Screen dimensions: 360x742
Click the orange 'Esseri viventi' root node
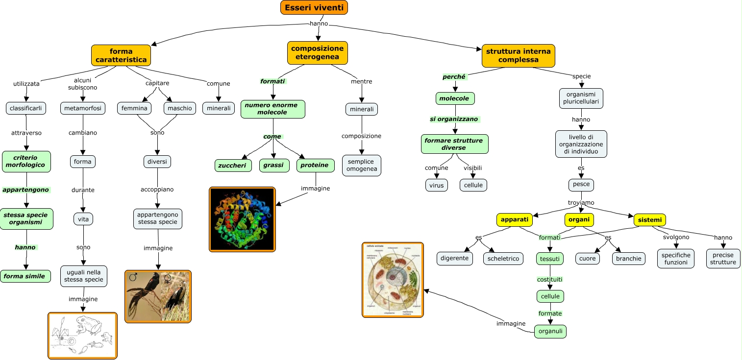(314, 7)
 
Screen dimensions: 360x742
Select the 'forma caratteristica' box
(121, 55)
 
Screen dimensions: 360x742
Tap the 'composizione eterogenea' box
(317, 53)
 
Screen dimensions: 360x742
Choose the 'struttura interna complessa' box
(518, 55)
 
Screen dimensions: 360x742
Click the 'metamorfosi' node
(83, 108)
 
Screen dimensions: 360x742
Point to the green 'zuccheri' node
(233, 166)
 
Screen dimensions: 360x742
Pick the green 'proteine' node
(315, 166)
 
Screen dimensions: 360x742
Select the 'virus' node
(436, 185)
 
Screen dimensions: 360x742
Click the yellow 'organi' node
(580, 220)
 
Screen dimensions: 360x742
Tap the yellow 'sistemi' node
(650, 220)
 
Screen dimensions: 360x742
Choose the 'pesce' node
(581, 185)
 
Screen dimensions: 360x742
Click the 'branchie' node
(629, 259)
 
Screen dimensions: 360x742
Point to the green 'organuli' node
(550, 332)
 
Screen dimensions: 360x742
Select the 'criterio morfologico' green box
(26, 162)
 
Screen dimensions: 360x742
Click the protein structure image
(242, 219)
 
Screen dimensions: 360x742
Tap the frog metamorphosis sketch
(82, 336)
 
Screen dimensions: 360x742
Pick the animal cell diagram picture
(393, 280)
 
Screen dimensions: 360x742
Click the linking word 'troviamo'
(581, 203)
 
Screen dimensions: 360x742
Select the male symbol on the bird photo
(133, 278)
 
